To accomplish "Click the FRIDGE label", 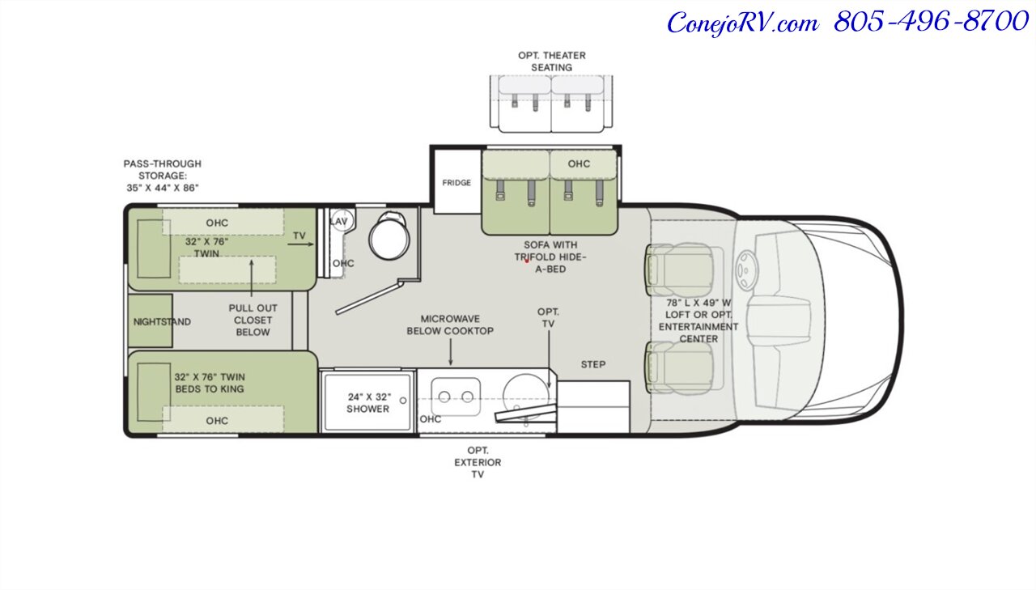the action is (456, 183).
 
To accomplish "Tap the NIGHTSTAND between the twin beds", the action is (151, 320).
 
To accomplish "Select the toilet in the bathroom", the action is (389, 236).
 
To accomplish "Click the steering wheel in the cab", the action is (745, 270).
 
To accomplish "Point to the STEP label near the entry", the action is (593, 364).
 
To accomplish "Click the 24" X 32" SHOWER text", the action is (368, 403).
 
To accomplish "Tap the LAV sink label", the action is (339, 222).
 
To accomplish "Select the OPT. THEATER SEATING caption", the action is (552, 61).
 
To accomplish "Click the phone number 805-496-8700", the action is (931, 21).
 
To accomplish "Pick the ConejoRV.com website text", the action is (743, 23).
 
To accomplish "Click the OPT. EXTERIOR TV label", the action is (478, 462).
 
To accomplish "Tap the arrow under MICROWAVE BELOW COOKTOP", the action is (451, 352).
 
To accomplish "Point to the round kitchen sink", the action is (526, 397).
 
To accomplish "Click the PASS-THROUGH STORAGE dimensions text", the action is (163, 176).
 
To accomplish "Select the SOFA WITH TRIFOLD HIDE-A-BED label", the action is (550, 257).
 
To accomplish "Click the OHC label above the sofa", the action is (579, 163).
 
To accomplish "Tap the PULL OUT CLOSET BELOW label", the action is (253, 320).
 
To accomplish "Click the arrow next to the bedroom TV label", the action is (300, 244).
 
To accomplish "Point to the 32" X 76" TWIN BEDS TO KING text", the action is (210, 383).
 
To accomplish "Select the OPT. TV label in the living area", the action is (548, 317).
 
